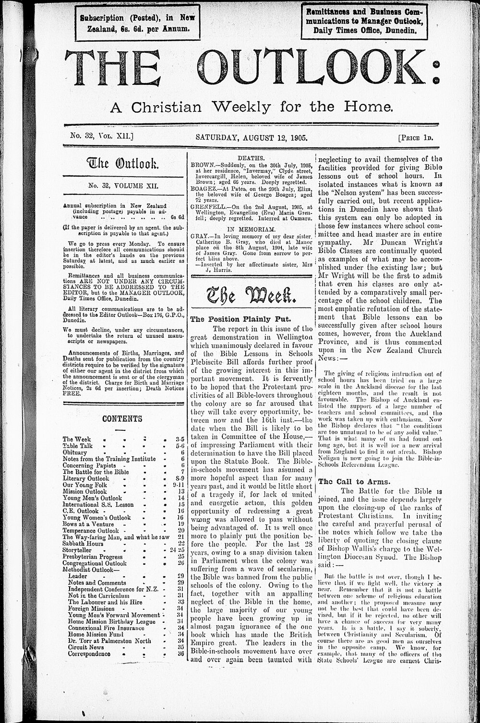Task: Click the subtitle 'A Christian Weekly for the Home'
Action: [252, 106]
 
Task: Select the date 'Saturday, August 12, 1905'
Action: [252, 137]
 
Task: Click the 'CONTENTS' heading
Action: [122, 419]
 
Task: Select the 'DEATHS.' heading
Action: [252, 158]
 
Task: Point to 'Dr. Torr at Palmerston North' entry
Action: [109, 640]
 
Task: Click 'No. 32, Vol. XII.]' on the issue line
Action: [99, 137]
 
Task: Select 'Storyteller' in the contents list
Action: [77, 550]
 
